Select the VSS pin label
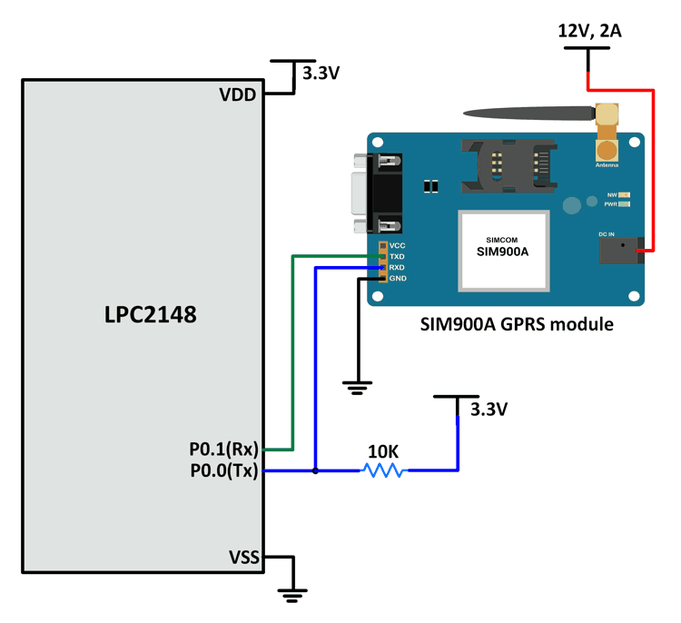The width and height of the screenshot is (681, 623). click(241, 557)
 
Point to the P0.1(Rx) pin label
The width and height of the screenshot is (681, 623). click(223, 449)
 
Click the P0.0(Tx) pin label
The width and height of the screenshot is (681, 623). click(223, 470)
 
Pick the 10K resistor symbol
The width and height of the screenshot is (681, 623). click(382, 470)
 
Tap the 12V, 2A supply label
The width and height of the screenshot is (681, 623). click(589, 32)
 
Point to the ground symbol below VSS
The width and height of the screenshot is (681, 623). click(291, 595)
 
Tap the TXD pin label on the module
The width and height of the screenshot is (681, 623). click(397, 257)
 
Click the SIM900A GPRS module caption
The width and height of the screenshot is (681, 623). click(517, 324)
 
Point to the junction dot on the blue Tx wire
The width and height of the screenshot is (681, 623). click(314, 470)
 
